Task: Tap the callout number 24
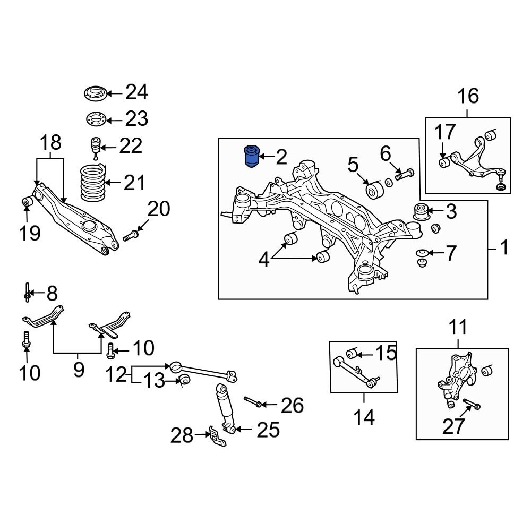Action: coord(136,93)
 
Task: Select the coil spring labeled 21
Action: coord(92,183)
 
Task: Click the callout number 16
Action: coord(468,96)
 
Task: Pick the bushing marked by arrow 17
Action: coord(444,161)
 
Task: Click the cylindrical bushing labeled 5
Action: coord(374,190)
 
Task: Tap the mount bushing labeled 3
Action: coord(422,212)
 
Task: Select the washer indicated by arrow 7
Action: coord(422,252)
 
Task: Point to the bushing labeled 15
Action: coord(350,353)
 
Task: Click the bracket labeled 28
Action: coord(216,438)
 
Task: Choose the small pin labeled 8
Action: coord(27,293)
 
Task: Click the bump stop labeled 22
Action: coord(96,147)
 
